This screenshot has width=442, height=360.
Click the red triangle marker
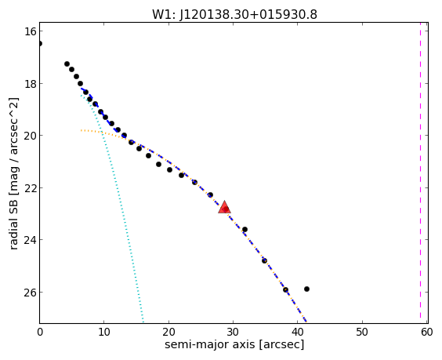[224, 207]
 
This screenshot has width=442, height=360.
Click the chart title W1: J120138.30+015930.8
[234, 14]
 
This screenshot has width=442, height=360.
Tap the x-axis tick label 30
[233, 332]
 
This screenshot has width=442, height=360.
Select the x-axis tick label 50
[362, 332]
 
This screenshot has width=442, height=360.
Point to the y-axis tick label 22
[30, 187]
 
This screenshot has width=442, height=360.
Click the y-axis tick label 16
[30, 31]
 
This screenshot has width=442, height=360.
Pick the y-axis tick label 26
[30, 292]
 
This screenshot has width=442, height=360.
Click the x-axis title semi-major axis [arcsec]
[234, 344]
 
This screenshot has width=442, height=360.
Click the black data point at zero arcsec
[40, 43]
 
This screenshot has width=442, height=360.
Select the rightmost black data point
[306, 289]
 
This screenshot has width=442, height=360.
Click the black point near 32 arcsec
[245, 229]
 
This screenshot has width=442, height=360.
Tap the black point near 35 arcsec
[264, 260]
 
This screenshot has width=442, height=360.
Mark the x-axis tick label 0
[40, 332]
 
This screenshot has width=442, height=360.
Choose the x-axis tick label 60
[426, 332]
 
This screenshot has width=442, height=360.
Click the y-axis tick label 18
[30, 83]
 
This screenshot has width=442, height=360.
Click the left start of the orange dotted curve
[82, 130]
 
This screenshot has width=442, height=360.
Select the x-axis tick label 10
[103, 332]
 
